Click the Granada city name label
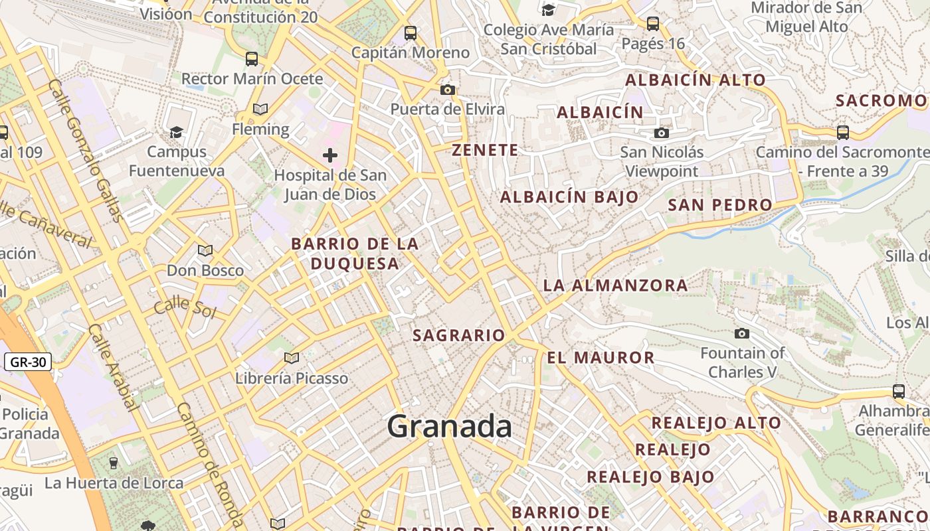pyautogui.click(x=450, y=425)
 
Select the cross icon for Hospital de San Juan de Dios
pyautogui.click(x=329, y=156)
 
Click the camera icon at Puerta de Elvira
pyautogui.click(x=448, y=90)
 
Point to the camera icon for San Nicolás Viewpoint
pyautogui.click(x=661, y=133)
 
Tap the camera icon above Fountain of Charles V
pyautogui.click(x=742, y=333)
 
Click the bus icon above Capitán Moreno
pyautogui.click(x=411, y=33)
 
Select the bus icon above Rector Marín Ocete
pyautogui.click(x=252, y=58)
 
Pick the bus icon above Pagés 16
pyautogui.click(x=653, y=24)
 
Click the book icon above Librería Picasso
pyautogui.click(x=291, y=358)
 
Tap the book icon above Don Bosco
pyautogui.click(x=205, y=250)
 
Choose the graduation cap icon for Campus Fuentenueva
pyautogui.click(x=176, y=132)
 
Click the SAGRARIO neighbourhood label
pyautogui.click(x=459, y=335)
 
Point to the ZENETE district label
pyautogui.click(x=485, y=150)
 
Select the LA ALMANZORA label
pyautogui.click(x=615, y=285)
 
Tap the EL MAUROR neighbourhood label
pyautogui.click(x=601, y=358)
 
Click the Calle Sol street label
pyautogui.click(x=185, y=309)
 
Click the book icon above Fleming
pyautogui.click(x=260, y=109)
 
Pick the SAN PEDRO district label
pyautogui.click(x=719, y=204)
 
